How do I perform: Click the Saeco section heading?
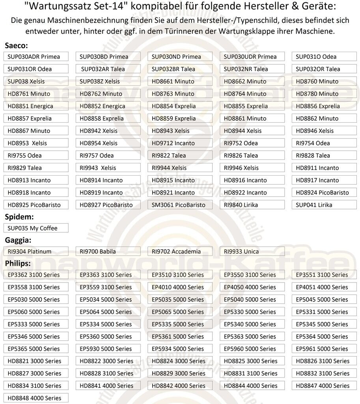(16, 46)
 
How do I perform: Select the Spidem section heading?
(19, 217)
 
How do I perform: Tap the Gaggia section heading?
(18, 240)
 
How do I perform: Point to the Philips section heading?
(18, 263)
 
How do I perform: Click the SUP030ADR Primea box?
(35, 56)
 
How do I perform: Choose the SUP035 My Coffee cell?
(35, 228)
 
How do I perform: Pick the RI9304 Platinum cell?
(35, 251)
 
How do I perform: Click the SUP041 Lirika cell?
(324, 205)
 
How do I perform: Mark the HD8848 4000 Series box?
(35, 398)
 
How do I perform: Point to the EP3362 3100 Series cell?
(35, 275)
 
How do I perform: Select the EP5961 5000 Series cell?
(324, 349)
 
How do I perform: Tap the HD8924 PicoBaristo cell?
(324, 193)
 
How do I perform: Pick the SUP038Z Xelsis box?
(108, 81)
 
